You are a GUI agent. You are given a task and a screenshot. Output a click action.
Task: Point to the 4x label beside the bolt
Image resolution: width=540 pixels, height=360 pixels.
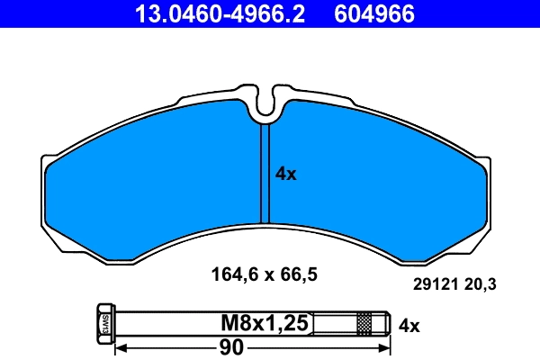click(409, 325)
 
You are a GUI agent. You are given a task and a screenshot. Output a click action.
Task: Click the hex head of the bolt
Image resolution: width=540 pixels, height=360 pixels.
click(102, 322)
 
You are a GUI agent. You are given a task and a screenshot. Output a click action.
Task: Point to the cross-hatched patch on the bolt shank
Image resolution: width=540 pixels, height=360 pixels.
click(364, 322)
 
